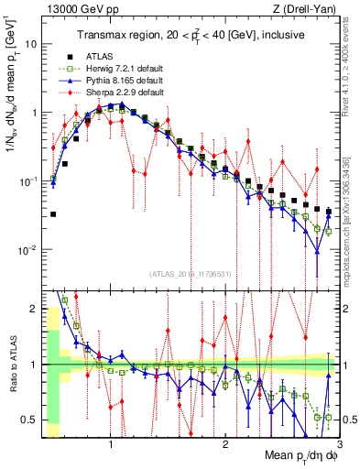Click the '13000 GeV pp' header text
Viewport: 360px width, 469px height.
coord(75,9)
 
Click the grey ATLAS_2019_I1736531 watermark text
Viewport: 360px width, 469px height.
coord(191,273)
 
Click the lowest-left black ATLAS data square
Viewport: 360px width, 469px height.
coord(53,214)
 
